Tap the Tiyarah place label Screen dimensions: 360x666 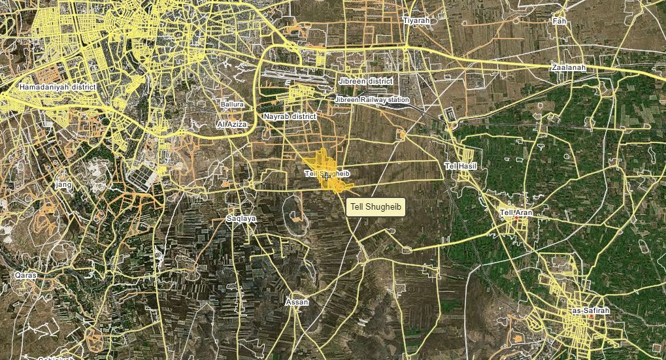pos(416,21)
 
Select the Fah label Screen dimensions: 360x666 pos(559,22)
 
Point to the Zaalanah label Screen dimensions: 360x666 pos(567,67)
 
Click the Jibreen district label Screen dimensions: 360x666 pos(366,81)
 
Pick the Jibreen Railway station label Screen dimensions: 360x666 pos(372,100)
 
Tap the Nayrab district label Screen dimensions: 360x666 pos(290,116)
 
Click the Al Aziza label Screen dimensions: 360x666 pos(231,123)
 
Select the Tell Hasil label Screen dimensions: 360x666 pos(461,167)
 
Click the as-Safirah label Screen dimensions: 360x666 pos(590,311)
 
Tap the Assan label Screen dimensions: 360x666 pos(297,303)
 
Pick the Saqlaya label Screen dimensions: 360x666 pos(241,218)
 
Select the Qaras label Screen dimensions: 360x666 pos(26,276)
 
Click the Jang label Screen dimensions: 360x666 pos(64,185)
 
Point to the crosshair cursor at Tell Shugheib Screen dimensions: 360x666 pos(326,176)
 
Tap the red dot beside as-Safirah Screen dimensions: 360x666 pos(591,317)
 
